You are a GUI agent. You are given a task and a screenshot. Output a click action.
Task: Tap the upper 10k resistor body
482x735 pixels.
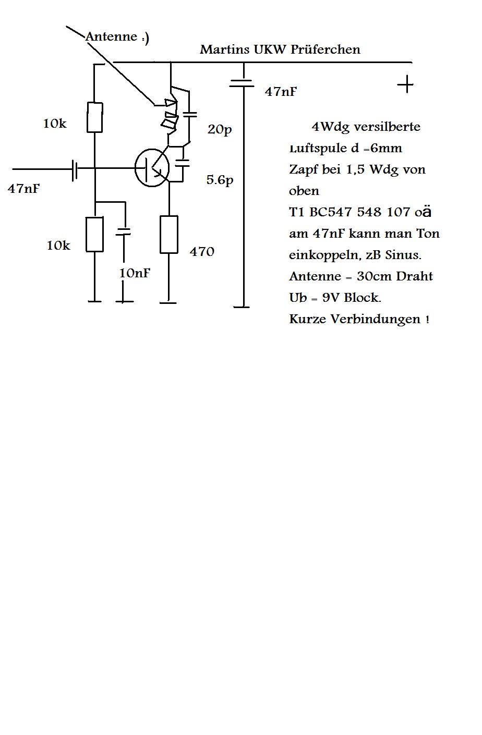95,117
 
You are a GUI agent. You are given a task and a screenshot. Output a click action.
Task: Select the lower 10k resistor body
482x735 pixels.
95,235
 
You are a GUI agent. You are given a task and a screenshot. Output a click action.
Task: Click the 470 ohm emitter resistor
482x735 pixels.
168,235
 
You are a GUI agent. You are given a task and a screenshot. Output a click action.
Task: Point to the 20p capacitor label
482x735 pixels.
219,129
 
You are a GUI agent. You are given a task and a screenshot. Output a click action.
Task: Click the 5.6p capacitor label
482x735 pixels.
220,180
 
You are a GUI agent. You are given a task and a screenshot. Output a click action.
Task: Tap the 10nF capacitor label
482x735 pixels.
135,273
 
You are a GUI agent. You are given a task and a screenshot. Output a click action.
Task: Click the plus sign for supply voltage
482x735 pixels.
405,84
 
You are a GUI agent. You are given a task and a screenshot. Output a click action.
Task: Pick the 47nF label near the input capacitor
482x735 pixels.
24,189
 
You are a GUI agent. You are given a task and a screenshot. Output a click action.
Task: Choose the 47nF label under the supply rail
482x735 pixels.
281,92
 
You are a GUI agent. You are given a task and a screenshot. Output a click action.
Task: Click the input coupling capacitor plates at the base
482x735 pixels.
75,168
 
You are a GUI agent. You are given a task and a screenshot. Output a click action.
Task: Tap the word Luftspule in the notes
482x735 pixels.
318,149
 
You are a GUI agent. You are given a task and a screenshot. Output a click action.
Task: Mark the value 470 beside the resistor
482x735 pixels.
202,252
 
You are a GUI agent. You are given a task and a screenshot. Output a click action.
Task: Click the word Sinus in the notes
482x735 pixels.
402,255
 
